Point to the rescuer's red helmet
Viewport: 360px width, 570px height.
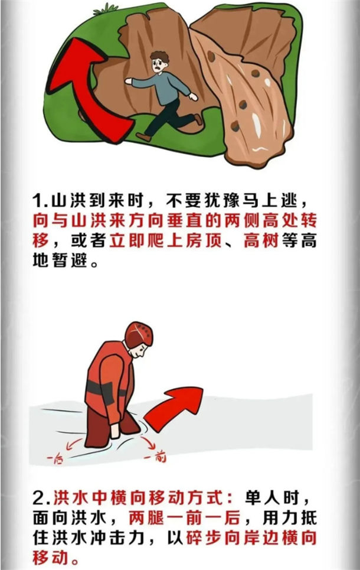coord(139,334)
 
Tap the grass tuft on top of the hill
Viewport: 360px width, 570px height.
coord(106,9)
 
